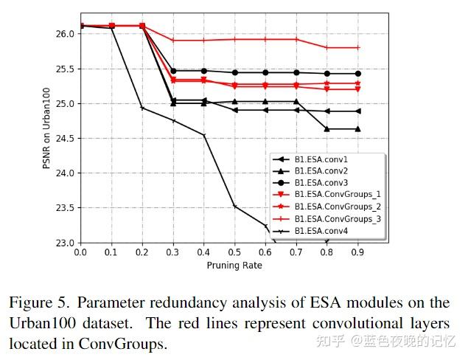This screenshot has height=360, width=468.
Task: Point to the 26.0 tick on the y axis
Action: (x=64, y=34)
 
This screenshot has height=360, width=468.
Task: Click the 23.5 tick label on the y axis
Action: (x=64, y=208)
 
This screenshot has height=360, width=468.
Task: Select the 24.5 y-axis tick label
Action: (x=64, y=139)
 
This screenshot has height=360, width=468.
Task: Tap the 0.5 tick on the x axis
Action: (x=234, y=252)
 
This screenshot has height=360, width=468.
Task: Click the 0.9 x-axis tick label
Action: (x=357, y=252)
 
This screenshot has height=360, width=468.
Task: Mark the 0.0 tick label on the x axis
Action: (x=80, y=252)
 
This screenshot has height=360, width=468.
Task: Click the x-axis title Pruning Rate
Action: (x=234, y=264)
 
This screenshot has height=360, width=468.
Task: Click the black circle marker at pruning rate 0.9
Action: (x=357, y=74)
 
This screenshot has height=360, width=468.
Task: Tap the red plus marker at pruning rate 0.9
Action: (x=357, y=47)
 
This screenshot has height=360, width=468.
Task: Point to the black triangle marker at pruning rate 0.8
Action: (x=326, y=129)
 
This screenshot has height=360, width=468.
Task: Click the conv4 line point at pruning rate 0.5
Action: (x=234, y=206)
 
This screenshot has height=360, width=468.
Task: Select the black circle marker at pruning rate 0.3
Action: (x=172, y=71)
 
